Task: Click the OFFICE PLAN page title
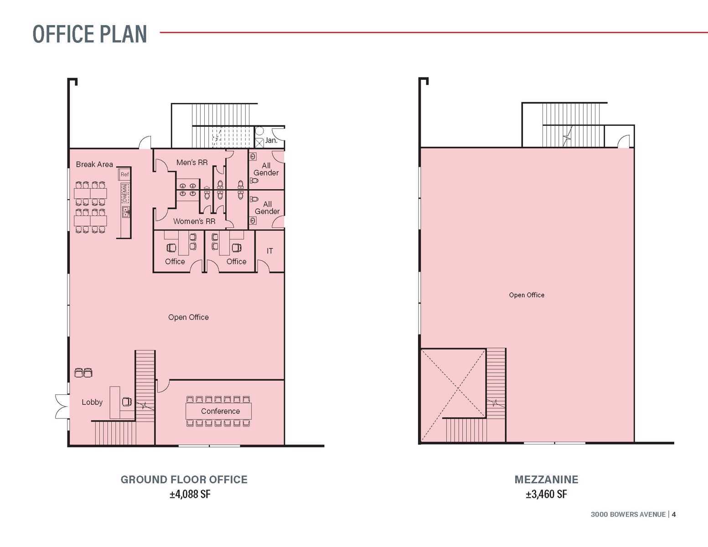[90, 34]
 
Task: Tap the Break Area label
[94, 164]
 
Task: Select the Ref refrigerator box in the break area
[124, 174]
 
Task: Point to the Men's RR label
[192, 162]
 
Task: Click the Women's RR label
[194, 221]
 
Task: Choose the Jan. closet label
[271, 140]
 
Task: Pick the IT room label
[270, 251]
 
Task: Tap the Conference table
[219, 411]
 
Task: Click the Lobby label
[92, 402]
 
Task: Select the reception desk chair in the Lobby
[127, 402]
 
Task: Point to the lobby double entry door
[62, 406]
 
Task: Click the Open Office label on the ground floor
[188, 317]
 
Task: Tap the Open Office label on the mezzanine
[527, 295]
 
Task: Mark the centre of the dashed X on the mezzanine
[458, 388]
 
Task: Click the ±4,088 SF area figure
[190, 494]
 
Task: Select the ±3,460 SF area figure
[547, 494]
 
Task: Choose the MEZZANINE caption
[547, 480]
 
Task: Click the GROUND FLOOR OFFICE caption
[184, 480]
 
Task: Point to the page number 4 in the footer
[674, 515]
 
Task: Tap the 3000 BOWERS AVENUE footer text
[628, 515]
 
